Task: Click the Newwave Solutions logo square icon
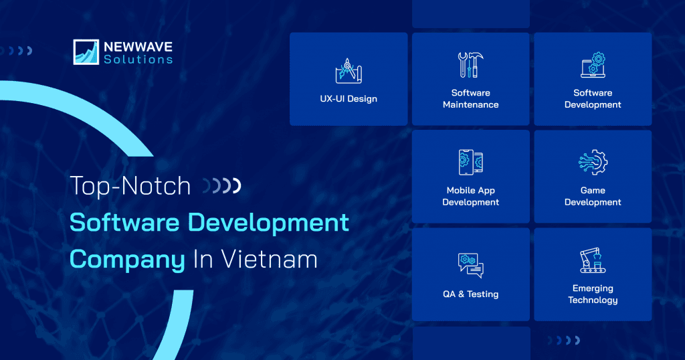pos(86,52)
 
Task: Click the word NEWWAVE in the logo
pos(138,47)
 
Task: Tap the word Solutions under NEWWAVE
pos(138,60)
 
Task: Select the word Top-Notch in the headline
pos(130,186)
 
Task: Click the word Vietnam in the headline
pos(269,259)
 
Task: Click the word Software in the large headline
pos(124,222)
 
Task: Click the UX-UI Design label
pos(349,99)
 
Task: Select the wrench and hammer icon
pos(470,65)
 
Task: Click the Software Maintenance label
pos(470,99)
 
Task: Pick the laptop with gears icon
pos(593,65)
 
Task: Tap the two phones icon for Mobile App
pos(470,163)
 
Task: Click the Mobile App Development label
pos(470,196)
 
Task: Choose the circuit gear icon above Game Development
pos(593,163)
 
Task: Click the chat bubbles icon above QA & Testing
pos(470,265)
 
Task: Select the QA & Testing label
pos(470,294)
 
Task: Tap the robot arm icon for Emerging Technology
pos(593,260)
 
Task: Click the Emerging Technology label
pos(593,294)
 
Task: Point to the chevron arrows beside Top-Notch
pos(222,185)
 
